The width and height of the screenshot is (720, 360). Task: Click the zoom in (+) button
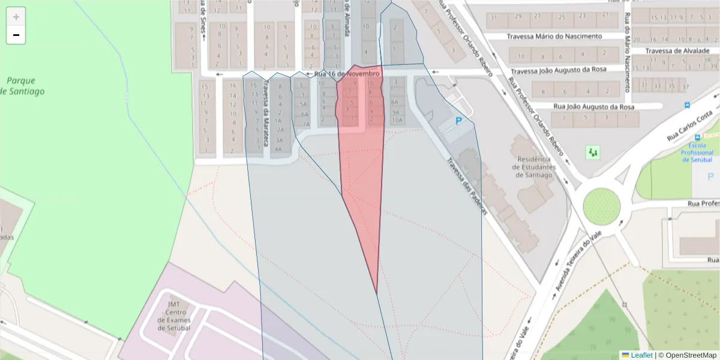click(x=16, y=17)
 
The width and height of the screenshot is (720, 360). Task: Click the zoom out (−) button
click(x=16, y=35)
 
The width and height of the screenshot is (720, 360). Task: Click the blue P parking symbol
click(x=459, y=121)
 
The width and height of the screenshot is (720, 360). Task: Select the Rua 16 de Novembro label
click(x=347, y=74)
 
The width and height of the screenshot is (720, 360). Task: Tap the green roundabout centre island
click(x=601, y=205)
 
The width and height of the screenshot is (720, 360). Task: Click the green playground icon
click(x=593, y=152)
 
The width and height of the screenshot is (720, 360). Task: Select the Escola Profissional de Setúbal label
click(x=697, y=152)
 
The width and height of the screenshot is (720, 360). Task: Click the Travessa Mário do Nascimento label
click(x=554, y=37)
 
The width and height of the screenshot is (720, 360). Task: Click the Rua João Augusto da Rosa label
click(x=593, y=107)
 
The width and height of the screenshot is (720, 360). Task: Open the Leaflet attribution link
click(x=641, y=355)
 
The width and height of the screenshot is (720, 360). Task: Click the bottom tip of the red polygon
click(x=377, y=294)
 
